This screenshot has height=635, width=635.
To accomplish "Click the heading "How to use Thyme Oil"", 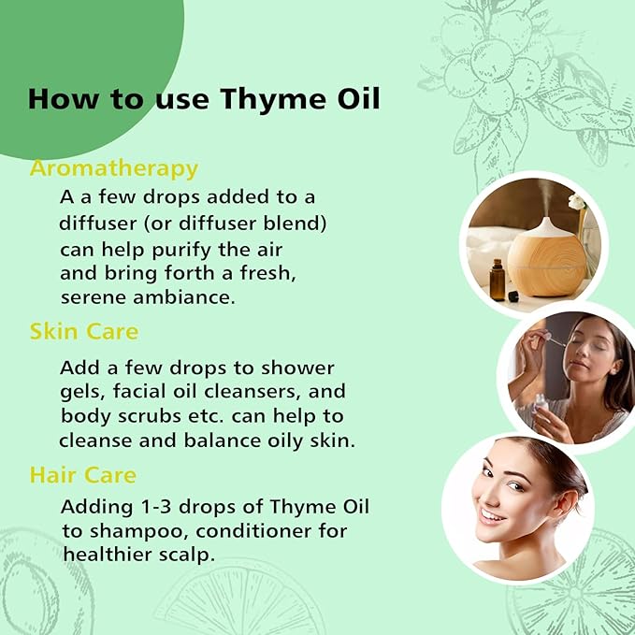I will coord(204,98).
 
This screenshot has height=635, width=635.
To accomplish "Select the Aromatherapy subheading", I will coord(114,168).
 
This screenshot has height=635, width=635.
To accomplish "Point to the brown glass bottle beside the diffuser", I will coord(498,280).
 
